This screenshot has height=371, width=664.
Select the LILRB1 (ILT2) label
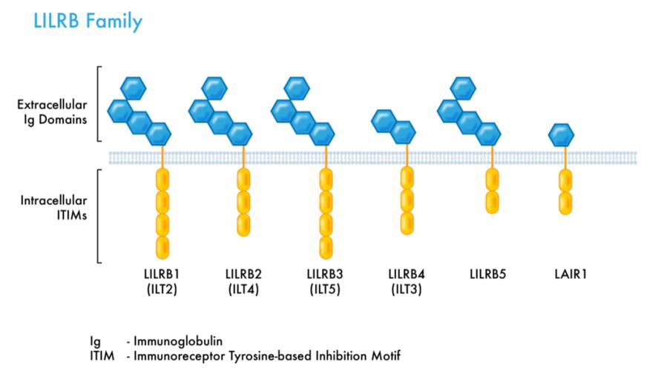[160, 282]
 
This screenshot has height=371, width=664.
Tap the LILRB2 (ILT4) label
[242, 282]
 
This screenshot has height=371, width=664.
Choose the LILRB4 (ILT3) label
[404, 282]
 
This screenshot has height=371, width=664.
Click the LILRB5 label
[488, 275]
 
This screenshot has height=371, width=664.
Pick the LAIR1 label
[566, 275]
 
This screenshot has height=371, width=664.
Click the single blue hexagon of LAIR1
[561, 136]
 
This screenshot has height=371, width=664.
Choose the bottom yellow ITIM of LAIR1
[565, 203]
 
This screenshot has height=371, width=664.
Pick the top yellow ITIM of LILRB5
[492, 180]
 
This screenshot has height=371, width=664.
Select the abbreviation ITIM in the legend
[102, 355]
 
